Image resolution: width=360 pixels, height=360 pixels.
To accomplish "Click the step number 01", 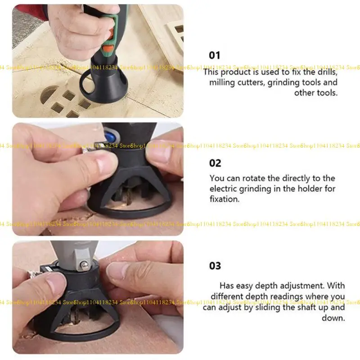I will [215, 55].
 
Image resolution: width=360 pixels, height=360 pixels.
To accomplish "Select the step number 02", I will [215, 163].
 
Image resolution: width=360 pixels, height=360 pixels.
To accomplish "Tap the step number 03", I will [215, 266].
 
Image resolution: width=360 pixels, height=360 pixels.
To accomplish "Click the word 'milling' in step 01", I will [222, 82].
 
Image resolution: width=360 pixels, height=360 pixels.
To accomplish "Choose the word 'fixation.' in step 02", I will [224, 199].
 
